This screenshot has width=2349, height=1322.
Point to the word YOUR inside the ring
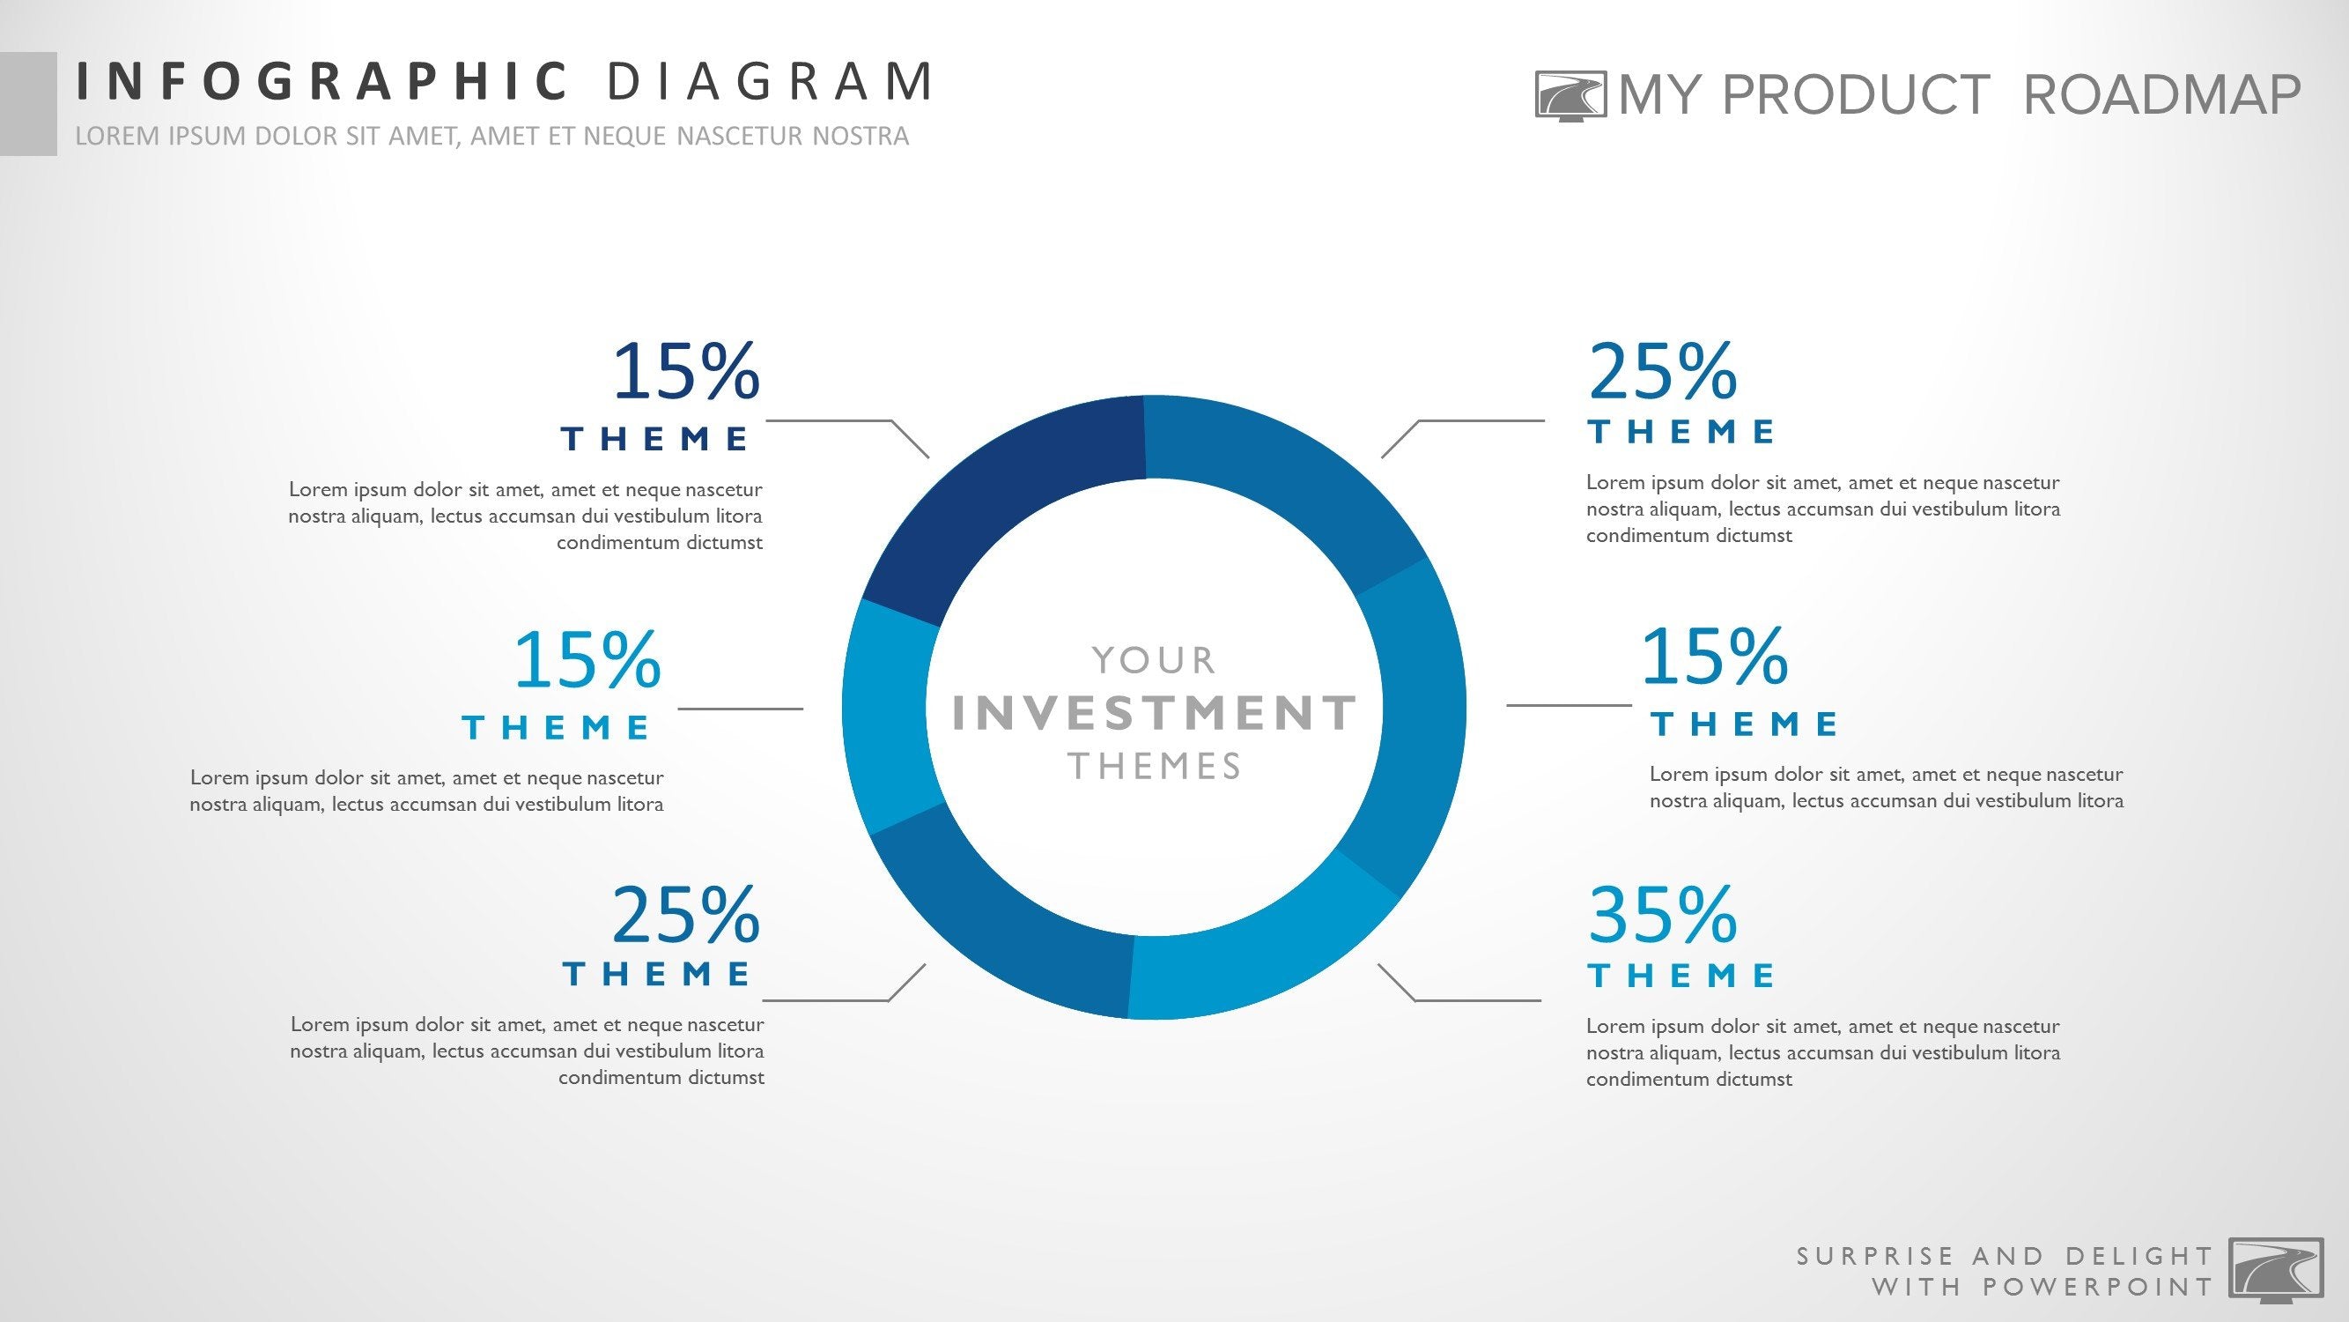pos(1154,660)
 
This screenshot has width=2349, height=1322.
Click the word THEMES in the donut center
pos(1155,767)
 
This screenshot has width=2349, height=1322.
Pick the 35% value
pos(1662,915)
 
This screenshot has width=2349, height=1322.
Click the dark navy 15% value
pos(686,372)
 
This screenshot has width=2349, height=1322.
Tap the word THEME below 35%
pos(1681,976)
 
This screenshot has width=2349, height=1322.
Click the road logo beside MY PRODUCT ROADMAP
pos(1570,96)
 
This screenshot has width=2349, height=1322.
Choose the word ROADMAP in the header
pos(2162,95)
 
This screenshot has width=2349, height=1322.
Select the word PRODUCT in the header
pos(1856,95)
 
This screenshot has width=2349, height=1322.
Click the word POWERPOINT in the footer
pos(2098,1288)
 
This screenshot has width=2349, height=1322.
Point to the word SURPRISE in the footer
pos(1876,1256)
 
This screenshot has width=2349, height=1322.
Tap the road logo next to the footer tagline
pos(2275,1268)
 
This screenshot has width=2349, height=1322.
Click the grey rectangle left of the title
pos(28,103)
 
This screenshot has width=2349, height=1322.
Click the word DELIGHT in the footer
pos(2139,1256)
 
